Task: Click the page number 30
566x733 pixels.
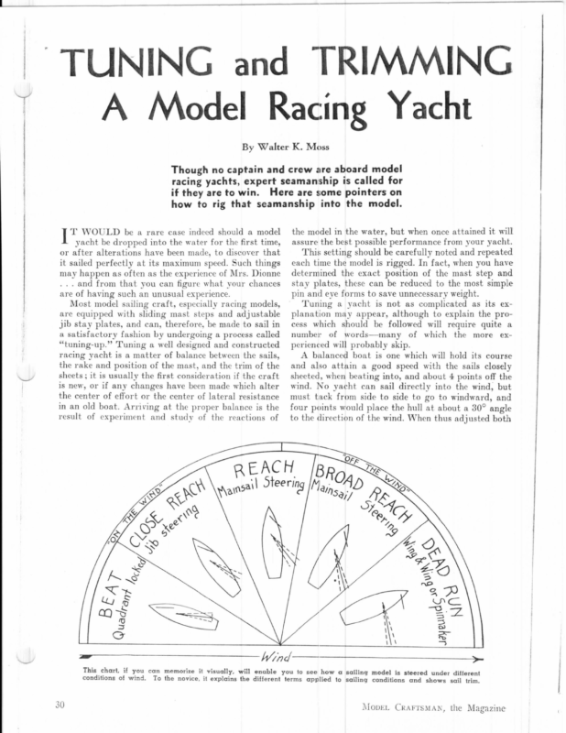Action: (60, 706)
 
